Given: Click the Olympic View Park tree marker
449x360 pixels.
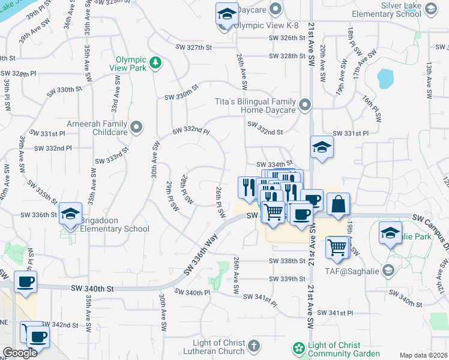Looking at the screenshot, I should pos(155,62).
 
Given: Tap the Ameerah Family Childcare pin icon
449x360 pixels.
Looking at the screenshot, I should pos(136,127).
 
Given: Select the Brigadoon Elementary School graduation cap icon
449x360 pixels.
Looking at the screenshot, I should pos(71,214).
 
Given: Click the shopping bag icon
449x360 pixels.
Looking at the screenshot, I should pos(339,203).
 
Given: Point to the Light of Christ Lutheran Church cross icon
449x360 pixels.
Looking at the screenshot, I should pos(254,346).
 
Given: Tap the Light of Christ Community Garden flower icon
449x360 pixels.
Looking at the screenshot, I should pos(298,348).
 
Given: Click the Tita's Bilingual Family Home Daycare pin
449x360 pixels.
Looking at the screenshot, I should pos(305,106).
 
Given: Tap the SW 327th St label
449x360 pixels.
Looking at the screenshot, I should pos(194,47).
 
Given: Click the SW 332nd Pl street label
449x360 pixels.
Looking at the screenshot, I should pos(191,131).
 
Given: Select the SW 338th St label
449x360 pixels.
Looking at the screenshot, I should pos(288,261).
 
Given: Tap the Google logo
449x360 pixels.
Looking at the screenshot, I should pos(20,353).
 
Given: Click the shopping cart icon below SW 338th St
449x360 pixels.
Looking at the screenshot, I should pos(337,246).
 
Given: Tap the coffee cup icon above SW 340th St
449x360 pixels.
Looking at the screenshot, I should pos(26,282).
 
